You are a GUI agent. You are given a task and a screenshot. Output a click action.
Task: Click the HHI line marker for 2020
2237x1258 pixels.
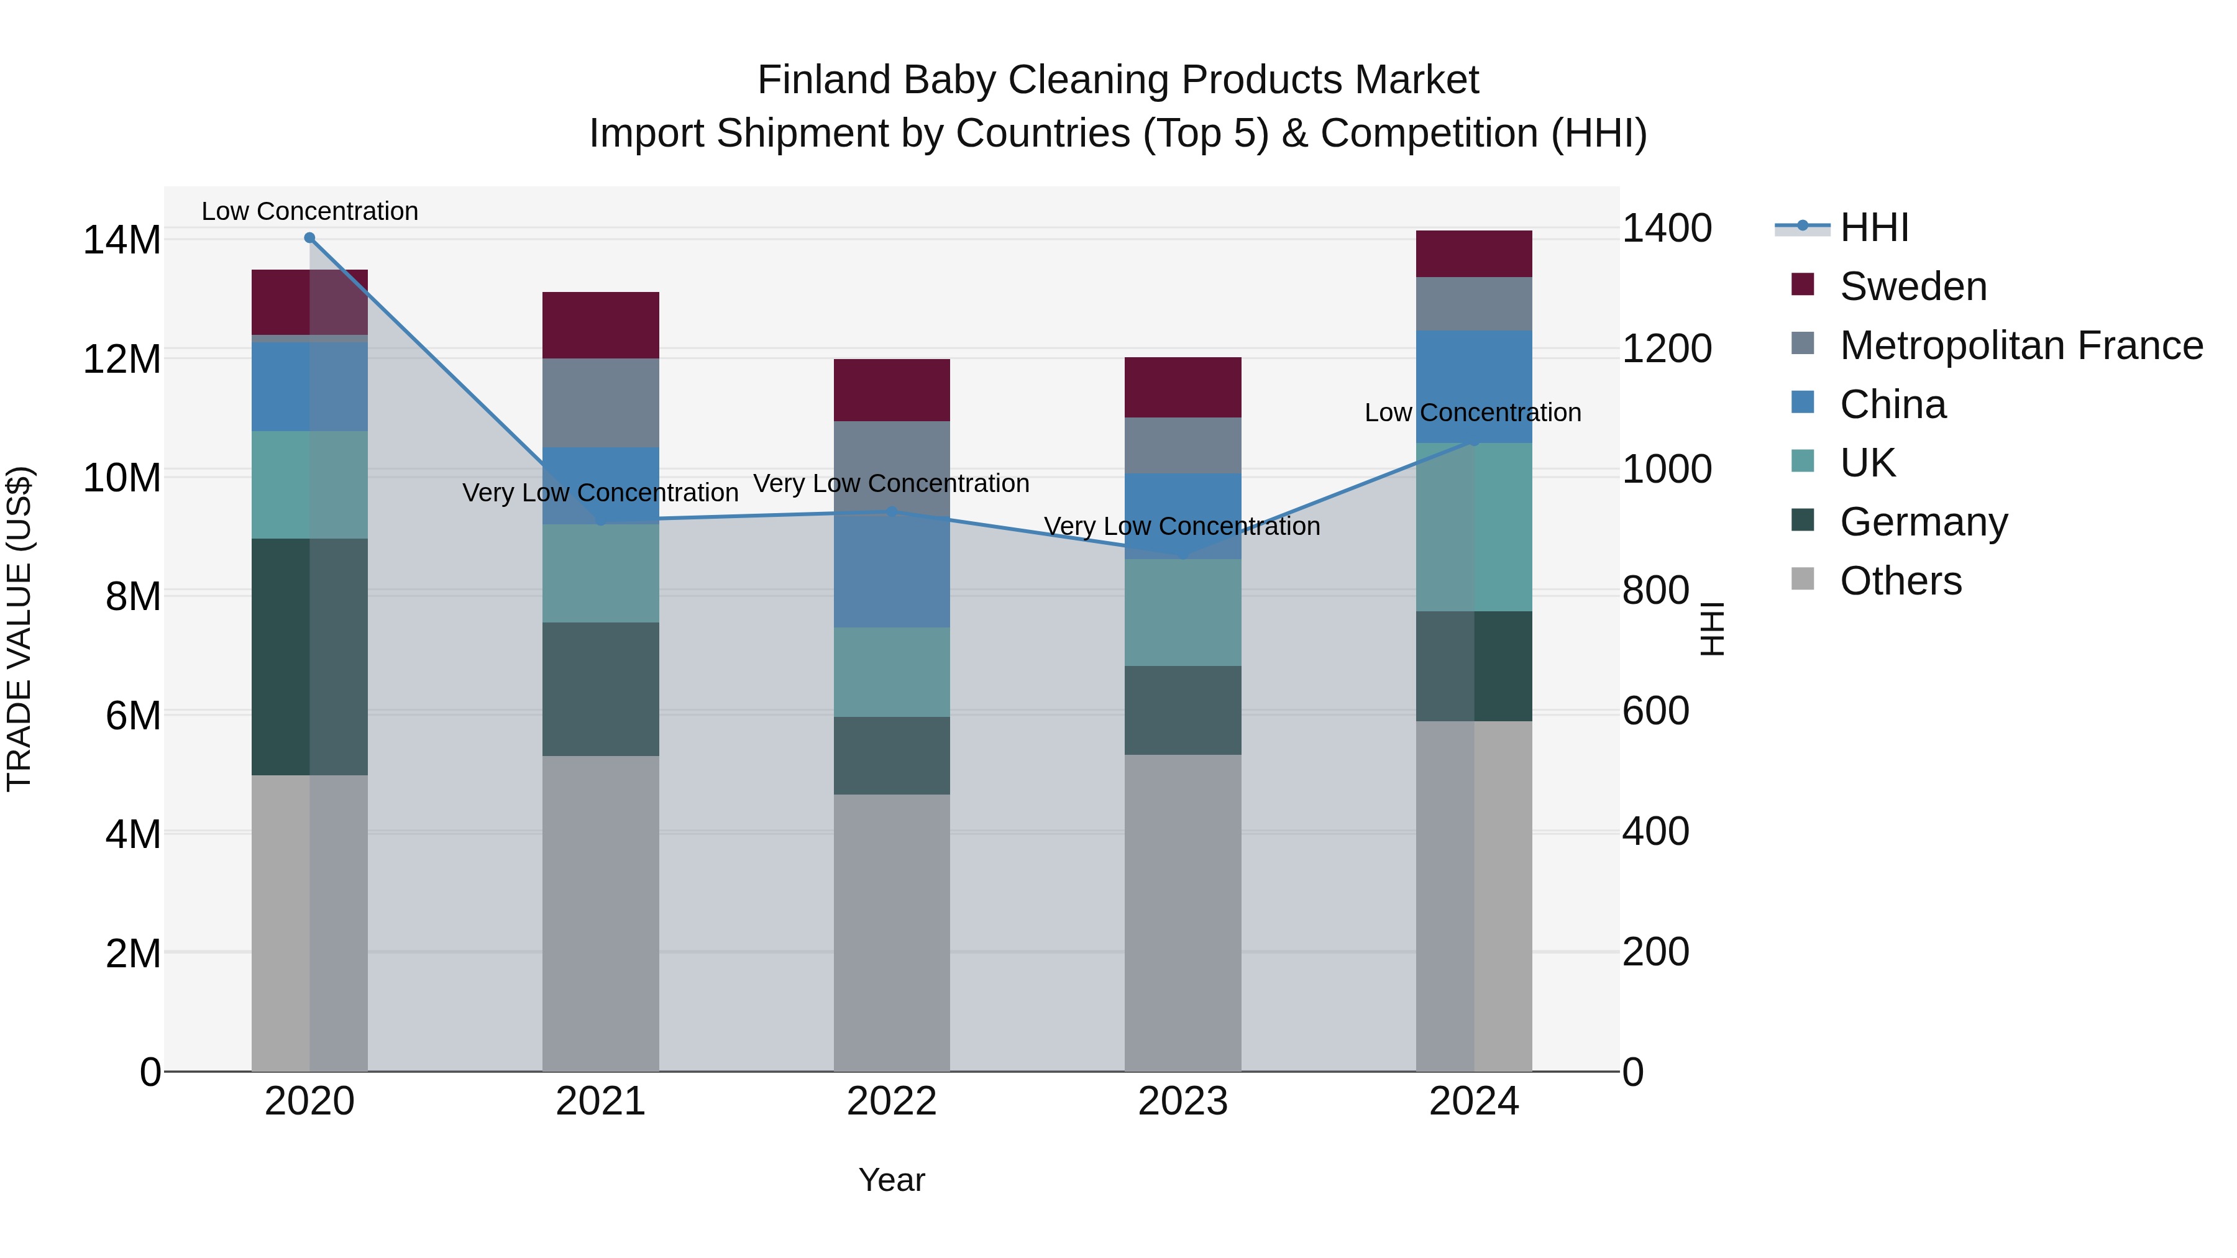click(310, 238)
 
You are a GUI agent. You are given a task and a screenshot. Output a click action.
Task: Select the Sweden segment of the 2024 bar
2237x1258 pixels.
click(1474, 254)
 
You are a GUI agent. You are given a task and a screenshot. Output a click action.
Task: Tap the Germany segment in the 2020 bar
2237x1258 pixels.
click(310, 657)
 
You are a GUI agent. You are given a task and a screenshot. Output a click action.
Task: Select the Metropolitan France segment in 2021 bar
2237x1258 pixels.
click(601, 403)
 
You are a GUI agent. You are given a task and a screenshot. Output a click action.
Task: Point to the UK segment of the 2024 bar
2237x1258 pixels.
click(1474, 527)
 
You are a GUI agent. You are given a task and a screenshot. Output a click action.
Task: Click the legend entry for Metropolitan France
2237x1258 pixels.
click(2021, 345)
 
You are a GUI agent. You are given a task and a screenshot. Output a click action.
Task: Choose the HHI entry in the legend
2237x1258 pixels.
click(1874, 227)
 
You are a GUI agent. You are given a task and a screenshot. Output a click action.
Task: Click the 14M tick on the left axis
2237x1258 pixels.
click(122, 240)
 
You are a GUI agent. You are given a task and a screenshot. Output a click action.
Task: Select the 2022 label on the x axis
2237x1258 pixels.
click(892, 1101)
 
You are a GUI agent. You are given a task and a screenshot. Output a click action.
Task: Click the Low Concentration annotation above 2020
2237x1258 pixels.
click(310, 211)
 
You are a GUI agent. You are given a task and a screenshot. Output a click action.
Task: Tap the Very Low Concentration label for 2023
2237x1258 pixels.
click(1182, 526)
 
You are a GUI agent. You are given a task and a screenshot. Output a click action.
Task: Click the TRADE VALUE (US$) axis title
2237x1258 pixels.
click(19, 629)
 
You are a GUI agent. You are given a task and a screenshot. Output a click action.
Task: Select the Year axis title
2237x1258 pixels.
click(892, 1180)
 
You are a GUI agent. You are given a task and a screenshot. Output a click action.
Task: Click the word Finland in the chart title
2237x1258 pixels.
click(824, 80)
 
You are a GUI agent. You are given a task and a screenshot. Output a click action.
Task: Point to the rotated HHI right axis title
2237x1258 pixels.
click(1712, 629)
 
